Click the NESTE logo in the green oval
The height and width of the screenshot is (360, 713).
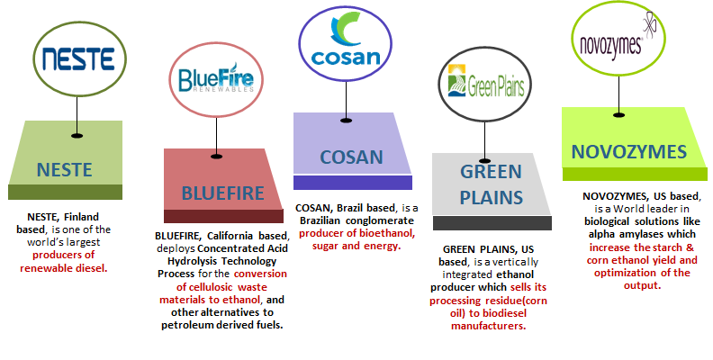pyautogui.click(x=78, y=59)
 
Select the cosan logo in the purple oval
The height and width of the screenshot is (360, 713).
pyautogui.click(x=345, y=40)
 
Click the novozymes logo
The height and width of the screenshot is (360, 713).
pyautogui.click(x=618, y=39)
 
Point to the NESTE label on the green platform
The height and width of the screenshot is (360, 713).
pyautogui.click(x=65, y=170)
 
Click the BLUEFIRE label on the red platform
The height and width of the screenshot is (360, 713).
pyautogui.click(x=223, y=193)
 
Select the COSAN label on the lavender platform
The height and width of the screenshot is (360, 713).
pyautogui.click(x=351, y=157)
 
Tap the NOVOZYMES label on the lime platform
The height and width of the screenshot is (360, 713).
pyautogui.click(x=629, y=152)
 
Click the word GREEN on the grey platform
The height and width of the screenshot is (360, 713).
pyautogui.click(x=491, y=172)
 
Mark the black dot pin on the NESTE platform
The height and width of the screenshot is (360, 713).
pyautogui.click(x=77, y=136)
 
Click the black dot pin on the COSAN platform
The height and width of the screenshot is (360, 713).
pyautogui.click(x=346, y=121)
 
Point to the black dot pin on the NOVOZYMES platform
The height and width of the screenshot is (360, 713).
pyautogui.click(x=618, y=115)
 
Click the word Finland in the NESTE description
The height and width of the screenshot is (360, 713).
pyautogui.click(x=81, y=217)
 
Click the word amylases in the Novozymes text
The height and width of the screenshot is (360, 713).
pyautogui.click(x=643, y=235)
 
